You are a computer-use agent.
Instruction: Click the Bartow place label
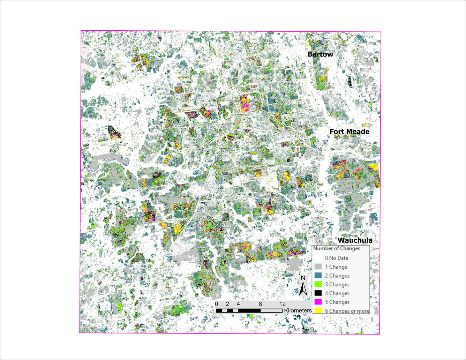[x=320, y=54]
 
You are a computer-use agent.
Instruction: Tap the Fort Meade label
[x=349, y=132]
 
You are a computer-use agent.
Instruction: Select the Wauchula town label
[x=355, y=240]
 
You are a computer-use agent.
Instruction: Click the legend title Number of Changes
[x=336, y=249]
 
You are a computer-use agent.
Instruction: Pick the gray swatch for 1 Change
[x=318, y=267]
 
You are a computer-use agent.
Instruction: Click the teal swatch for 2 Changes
[x=318, y=276]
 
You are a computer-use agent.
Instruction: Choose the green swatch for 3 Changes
[x=318, y=285]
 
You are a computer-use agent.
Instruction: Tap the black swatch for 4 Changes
[x=318, y=293]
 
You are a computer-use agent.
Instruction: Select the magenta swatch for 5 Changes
[x=318, y=302]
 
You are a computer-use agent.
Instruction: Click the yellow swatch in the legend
[x=318, y=311]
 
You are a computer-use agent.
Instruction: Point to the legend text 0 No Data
[x=336, y=258]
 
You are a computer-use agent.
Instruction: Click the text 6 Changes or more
[x=347, y=311]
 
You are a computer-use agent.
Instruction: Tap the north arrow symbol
[x=303, y=289]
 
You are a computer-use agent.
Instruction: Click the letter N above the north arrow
[x=303, y=278]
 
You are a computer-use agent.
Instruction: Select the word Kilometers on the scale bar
[x=298, y=310]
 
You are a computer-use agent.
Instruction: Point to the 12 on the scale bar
[x=283, y=304]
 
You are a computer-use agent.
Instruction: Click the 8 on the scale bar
[x=261, y=304]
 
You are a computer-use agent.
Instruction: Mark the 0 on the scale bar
[x=217, y=304]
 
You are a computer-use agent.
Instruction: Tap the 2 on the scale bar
[x=227, y=304]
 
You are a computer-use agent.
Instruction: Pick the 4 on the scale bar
[x=238, y=304]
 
